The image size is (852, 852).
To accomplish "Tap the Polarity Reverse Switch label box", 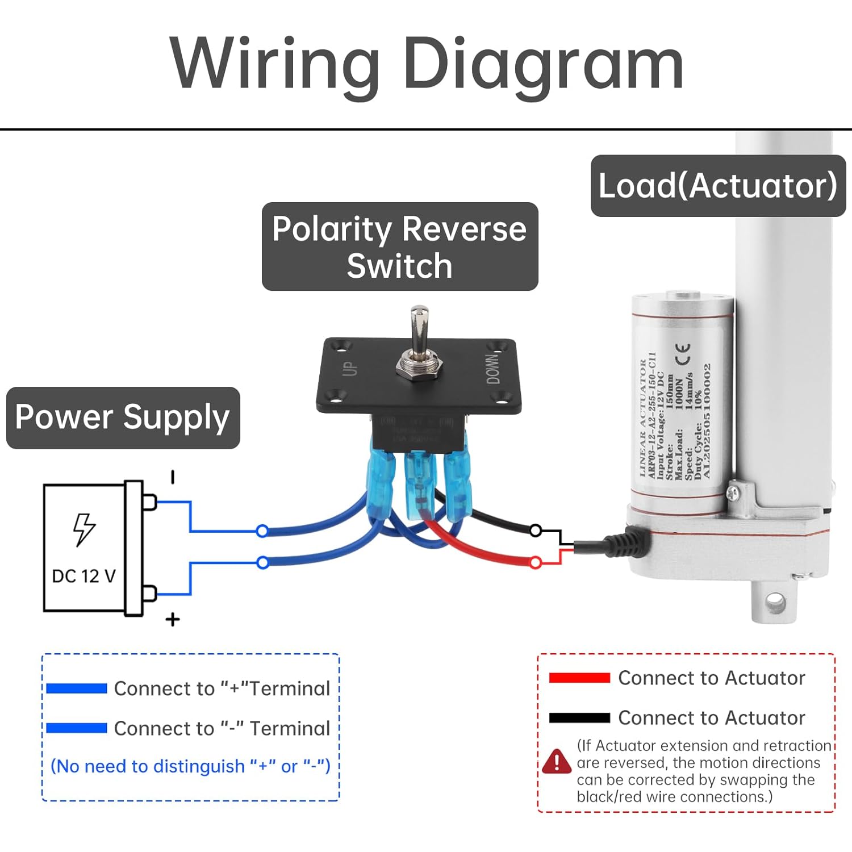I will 399,247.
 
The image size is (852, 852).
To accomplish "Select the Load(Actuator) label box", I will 718,186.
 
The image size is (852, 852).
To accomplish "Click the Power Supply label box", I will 123,417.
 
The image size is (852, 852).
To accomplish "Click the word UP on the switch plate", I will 351,368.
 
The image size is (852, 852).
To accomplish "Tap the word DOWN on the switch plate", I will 493,369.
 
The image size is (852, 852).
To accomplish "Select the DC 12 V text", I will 83,577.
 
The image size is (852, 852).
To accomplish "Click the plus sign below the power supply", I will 173,619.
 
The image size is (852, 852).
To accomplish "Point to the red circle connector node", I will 535,563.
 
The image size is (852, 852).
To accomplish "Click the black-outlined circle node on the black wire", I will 535,531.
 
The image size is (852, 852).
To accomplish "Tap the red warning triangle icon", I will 557,762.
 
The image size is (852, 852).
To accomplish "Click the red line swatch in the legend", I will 579,678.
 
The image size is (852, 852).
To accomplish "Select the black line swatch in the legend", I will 579,717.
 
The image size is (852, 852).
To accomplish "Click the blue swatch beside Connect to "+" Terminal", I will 77,688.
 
